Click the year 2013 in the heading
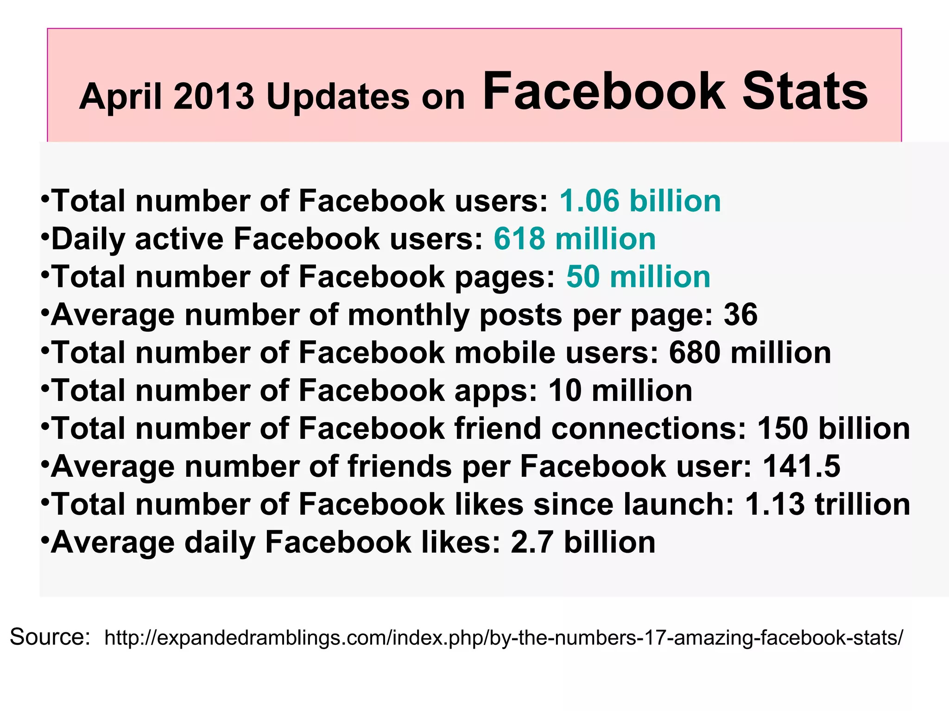[214, 96]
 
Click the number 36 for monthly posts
[740, 315]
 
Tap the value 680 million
[750, 353]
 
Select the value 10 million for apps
[620, 391]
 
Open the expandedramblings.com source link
[504, 638]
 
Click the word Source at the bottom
[50, 637]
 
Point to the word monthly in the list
[408, 316]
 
